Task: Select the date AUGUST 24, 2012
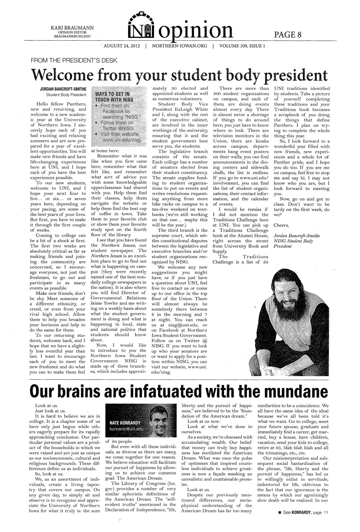122,46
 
